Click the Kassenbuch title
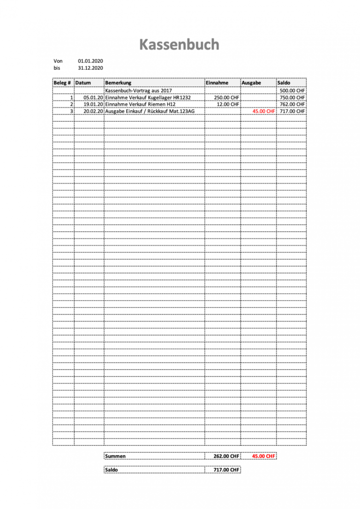(179, 45)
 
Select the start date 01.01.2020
(90, 61)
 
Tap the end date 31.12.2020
(90, 68)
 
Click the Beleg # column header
(62, 82)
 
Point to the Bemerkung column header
(118, 82)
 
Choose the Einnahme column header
(217, 82)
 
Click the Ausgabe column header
(251, 82)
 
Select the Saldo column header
(284, 82)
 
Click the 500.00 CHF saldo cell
(292, 90)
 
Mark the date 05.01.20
(93, 97)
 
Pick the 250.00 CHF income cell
(226, 97)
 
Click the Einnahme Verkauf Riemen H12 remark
(140, 105)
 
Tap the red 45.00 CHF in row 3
(263, 112)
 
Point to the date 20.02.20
(93, 112)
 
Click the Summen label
(115, 456)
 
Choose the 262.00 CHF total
(226, 456)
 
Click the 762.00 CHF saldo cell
(292, 105)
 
